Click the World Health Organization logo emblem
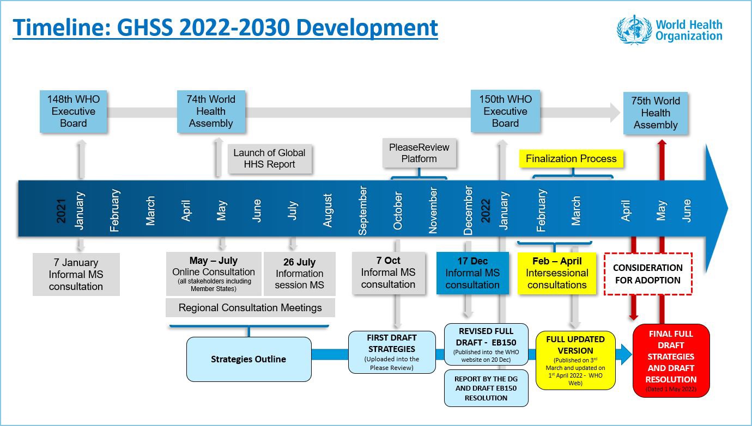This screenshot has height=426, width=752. (634, 30)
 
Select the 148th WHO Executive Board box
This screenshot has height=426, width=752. (73, 112)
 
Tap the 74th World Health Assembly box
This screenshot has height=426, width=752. (211, 112)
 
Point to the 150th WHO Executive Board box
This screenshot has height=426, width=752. (505, 112)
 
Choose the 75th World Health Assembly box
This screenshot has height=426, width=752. (655, 113)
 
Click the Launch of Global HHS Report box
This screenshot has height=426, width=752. (269, 158)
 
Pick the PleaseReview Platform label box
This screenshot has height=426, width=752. (419, 153)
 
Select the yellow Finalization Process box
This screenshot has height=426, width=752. (571, 159)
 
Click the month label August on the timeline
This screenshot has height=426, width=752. (328, 211)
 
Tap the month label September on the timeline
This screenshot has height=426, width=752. (363, 211)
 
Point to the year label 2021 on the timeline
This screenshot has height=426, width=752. (61, 211)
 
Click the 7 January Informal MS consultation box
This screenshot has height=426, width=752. (76, 274)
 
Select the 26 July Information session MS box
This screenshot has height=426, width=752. (299, 274)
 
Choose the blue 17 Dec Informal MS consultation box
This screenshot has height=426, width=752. (472, 273)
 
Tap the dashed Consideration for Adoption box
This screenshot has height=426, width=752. (647, 274)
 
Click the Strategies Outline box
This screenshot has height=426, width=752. (248, 359)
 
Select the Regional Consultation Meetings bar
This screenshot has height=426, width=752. (250, 308)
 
